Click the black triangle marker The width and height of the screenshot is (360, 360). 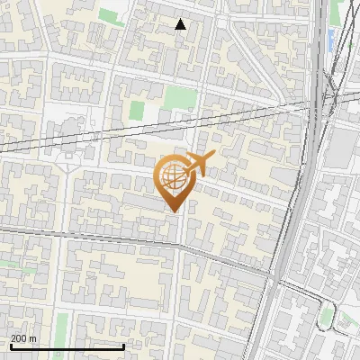click(181, 24)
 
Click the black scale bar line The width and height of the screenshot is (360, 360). click(54, 346)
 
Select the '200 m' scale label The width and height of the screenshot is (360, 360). click(23, 338)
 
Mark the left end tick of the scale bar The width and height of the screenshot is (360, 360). click(10, 346)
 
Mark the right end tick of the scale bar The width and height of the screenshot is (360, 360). click(99, 346)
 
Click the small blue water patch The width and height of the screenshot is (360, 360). click(330, 38)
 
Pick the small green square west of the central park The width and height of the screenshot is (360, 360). click(137, 110)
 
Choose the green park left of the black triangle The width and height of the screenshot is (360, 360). click(112, 16)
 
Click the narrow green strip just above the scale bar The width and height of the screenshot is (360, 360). click(61, 325)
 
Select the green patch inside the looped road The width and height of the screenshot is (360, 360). click(326, 315)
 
